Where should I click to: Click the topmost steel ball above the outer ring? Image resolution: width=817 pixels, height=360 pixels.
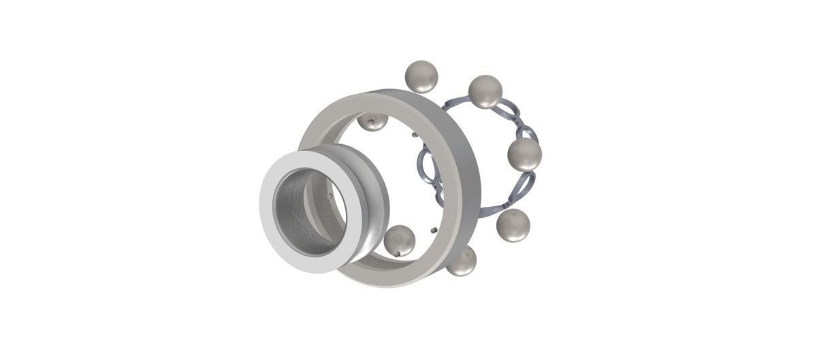[421, 76]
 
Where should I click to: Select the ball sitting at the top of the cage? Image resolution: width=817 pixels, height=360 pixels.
[485, 92]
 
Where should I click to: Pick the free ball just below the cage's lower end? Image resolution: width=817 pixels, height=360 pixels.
[513, 225]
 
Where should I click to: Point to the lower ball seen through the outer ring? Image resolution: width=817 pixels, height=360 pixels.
[399, 241]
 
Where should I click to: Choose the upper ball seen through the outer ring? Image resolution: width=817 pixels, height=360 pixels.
[373, 122]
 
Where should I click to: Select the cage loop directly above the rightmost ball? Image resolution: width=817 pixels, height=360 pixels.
[524, 127]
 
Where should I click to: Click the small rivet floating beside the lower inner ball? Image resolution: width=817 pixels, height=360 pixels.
[434, 229]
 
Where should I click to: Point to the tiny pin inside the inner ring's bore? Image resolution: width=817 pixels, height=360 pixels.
[330, 196]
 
